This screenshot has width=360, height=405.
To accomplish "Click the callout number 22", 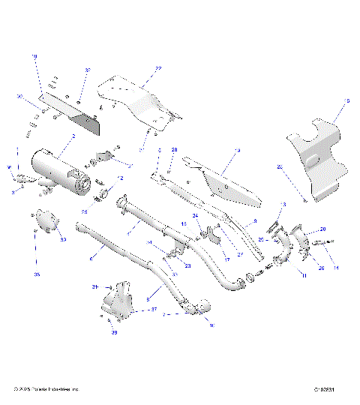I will click(158, 69).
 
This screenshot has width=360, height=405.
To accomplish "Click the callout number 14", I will click(336, 268).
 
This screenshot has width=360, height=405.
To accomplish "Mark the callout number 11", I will click(304, 277).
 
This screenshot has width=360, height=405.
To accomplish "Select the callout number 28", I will click(174, 151).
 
